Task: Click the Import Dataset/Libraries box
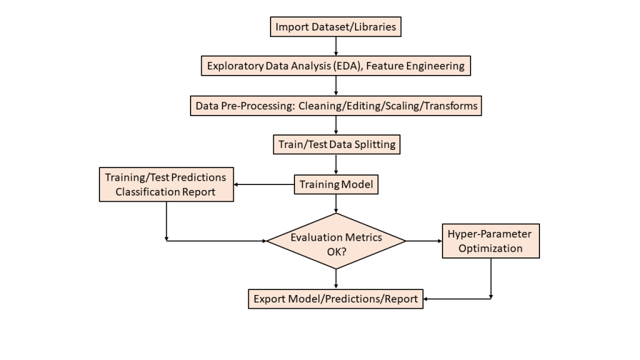pos(336,27)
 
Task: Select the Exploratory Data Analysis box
pos(336,66)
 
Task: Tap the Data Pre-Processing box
pos(336,106)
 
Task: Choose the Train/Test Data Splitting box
pos(336,144)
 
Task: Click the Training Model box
pos(336,184)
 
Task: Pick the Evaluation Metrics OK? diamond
pos(336,241)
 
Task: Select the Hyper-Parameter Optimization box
pos(491,241)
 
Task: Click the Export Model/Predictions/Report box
pos(336,299)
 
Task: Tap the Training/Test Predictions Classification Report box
pos(166,184)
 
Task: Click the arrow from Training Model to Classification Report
pos(264,184)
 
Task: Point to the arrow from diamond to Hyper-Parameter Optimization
pos(424,241)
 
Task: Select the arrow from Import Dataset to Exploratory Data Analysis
pos(336,46)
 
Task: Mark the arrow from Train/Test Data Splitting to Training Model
pos(336,164)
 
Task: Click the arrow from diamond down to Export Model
pos(336,279)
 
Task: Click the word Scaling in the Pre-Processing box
pos(402,106)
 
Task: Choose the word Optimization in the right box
pos(491,248)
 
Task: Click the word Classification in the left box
pos(145,192)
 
